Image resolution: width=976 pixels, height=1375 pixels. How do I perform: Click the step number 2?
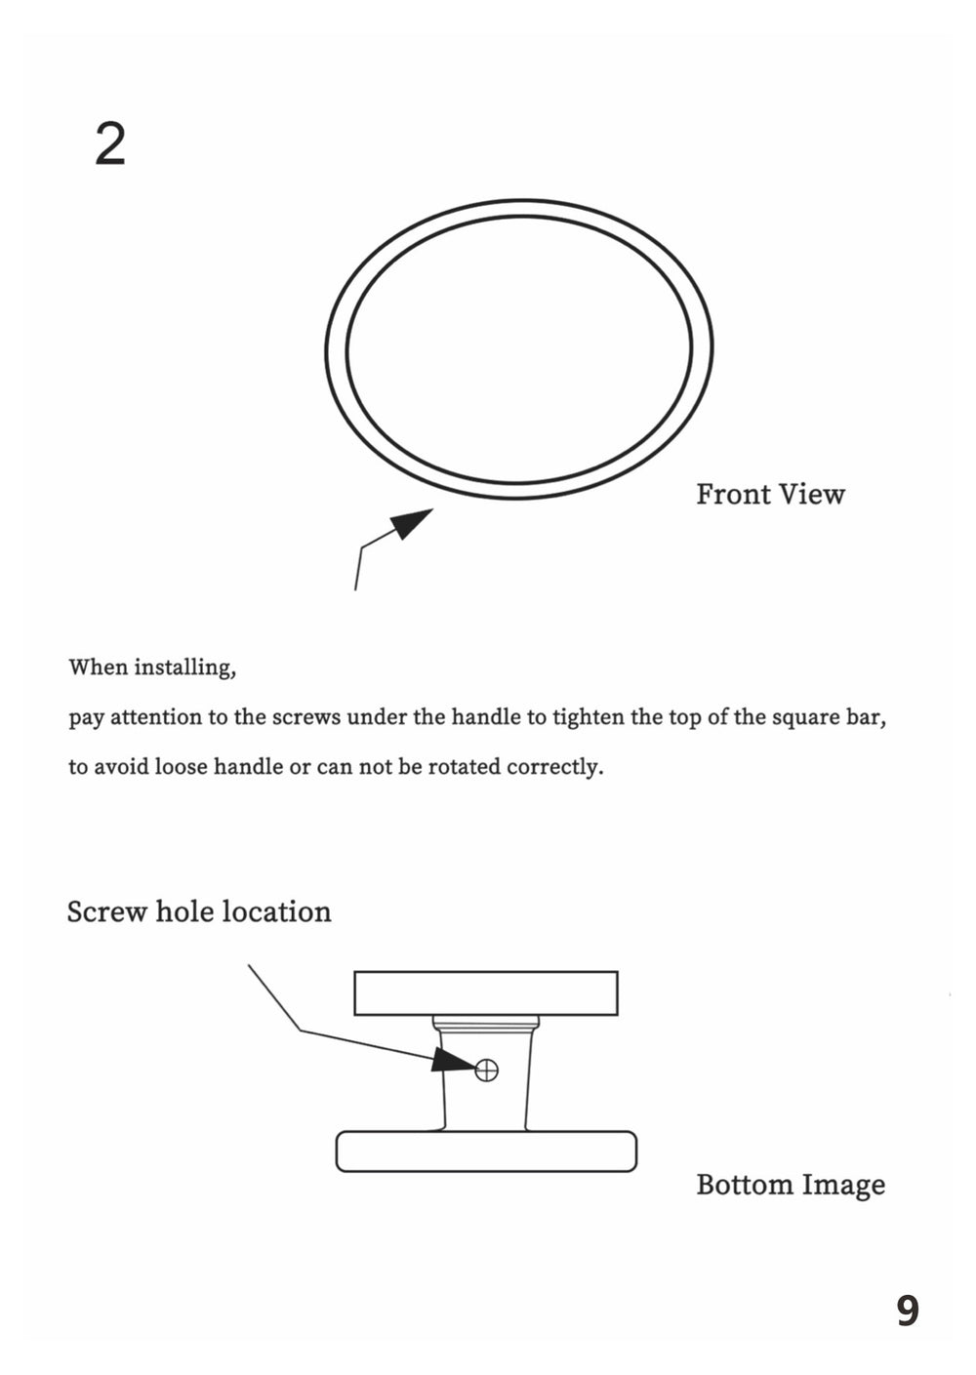(x=110, y=144)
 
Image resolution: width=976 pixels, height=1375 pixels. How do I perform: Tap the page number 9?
(x=907, y=1311)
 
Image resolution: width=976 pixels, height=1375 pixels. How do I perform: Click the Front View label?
(x=770, y=495)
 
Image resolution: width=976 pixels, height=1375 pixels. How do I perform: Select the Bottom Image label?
(x=791, y=1185)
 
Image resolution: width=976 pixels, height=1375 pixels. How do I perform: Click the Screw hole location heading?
(x=199, y=911)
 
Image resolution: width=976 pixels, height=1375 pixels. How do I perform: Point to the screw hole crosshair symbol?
(x=486, y=1071)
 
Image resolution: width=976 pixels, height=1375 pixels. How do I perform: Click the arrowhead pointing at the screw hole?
(x=451, y=1061)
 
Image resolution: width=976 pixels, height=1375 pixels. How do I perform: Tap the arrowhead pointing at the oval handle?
(x=412, y=522)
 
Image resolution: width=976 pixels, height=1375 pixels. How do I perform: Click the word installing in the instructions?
(x=183, y=668)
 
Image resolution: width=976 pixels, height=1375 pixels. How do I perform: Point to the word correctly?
(x=555, y=767)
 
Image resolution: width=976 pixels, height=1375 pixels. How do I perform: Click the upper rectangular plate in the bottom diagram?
(x=485, y=992)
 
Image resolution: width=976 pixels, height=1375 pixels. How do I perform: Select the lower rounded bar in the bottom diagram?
(x=485, y=1152)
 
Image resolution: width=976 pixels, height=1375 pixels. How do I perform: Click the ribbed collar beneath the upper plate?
(x=485, y=1025)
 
